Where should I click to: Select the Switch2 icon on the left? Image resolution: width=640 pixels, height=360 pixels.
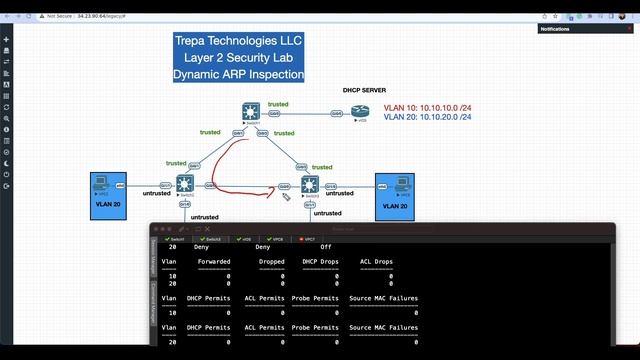coord(184,183)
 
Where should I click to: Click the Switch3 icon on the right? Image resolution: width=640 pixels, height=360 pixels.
coord(308,184)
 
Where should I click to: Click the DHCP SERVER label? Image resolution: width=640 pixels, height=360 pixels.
coord(365,89)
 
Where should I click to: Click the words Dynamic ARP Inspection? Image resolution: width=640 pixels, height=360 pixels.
coord(238,75)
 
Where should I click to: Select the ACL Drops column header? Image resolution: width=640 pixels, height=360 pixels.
coord(376,262)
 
